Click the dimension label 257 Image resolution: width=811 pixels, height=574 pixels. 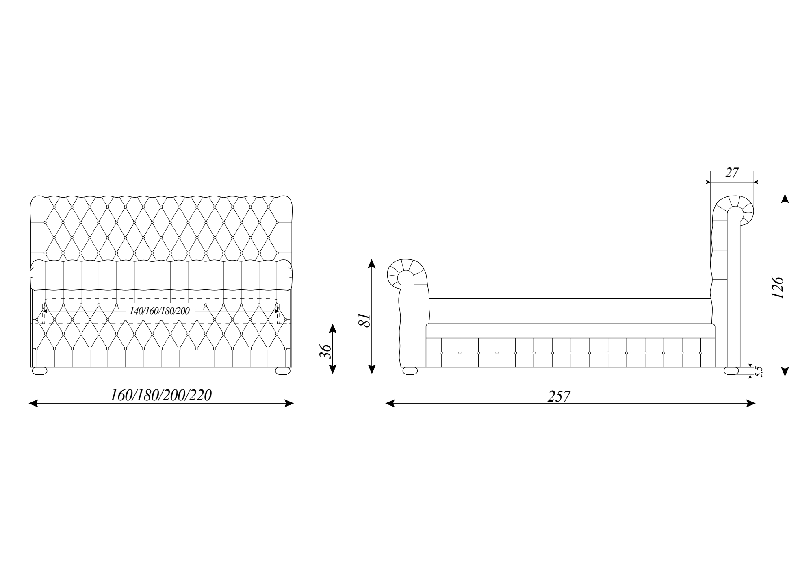click(559, 396)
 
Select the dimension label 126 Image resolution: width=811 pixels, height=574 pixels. click(777, 288)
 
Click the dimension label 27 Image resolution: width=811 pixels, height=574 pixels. click(731, 173)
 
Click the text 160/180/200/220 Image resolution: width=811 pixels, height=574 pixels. click(161, 395)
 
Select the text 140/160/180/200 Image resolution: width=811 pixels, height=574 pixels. click(160, 311)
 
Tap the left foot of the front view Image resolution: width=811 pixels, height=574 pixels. click(40, 371)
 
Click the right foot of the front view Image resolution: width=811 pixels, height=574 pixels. click(283, 371)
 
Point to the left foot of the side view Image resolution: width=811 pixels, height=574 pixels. click(410, 371)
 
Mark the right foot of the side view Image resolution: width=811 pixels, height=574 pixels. click(731, 371)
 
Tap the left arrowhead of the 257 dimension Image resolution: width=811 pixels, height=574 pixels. click(390, 404)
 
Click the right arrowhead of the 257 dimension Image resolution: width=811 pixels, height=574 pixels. click(751, 404)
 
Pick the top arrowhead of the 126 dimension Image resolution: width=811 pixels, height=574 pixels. click(785, 199)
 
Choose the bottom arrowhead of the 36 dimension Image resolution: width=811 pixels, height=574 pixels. click(332, 369)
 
